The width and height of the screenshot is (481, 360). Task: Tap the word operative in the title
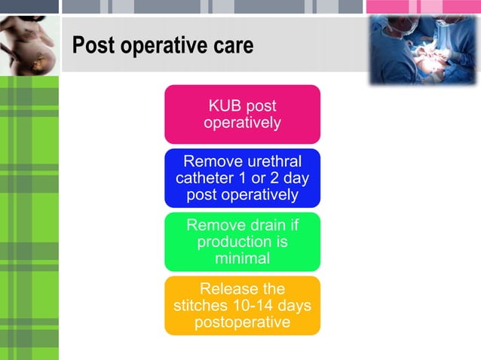pyautogui.click(x=161, y=47)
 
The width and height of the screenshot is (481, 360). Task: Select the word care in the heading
pyautogui.click(x=231, y=47)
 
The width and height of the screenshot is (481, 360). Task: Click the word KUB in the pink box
pyautogui.click(x=225, y=106)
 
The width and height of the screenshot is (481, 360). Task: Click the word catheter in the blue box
pyautogui.click(x=204, y=178)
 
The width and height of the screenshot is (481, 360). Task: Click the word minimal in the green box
pyautogui.click(x=242, y=258)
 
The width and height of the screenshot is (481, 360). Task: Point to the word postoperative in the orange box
pyautogui.click(x=242, y=323)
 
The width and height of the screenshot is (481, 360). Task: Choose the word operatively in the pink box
pyautogui.click(x=242, y=123)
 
